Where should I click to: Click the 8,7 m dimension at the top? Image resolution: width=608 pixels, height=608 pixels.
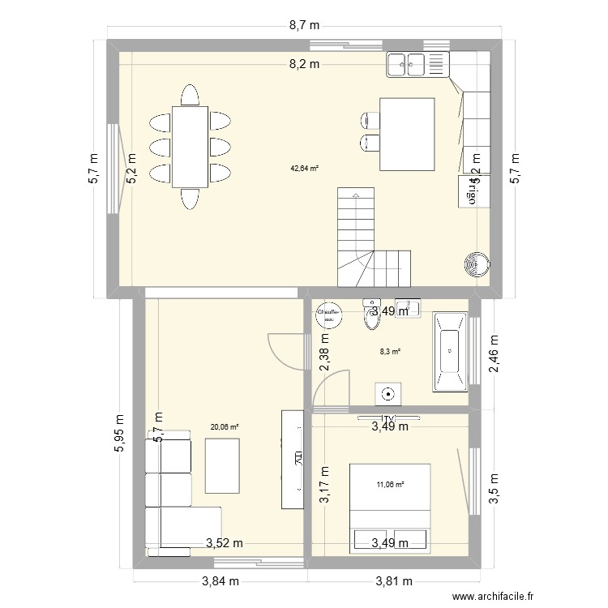coord(304,26)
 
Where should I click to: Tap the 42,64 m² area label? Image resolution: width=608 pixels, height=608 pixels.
coord(304,169)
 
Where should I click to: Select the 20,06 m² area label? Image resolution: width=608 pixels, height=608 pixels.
coord(224,426)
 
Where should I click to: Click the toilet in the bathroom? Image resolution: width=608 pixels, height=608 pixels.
coord(372,319)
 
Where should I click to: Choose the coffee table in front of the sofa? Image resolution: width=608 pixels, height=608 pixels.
coord(223,465)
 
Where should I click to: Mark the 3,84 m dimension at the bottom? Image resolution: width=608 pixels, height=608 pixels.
coord(221,580)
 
